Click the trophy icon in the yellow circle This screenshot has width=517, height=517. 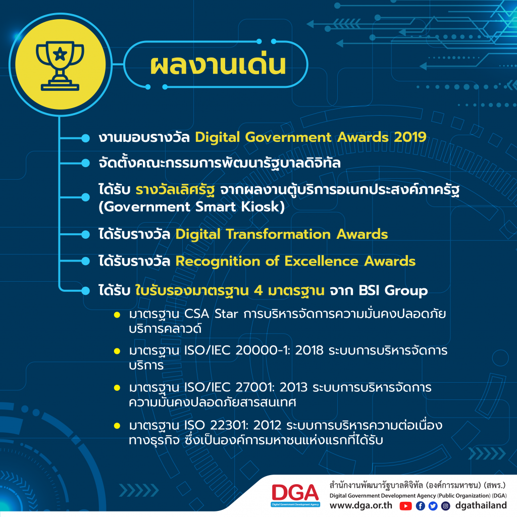click(60, 66)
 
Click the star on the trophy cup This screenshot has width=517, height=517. click(60, 54)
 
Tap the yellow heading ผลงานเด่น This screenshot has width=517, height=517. click(218, 64)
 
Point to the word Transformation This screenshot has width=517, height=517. click(278, 234)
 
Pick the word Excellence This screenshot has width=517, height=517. click(321, 261)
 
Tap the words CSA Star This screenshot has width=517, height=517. click(211, 314)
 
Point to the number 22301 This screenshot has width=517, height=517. click(228, 425)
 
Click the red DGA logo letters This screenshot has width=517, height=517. click(295, 492)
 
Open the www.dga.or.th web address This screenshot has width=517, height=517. click(361, 505)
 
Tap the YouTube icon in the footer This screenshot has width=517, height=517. click(405, 506)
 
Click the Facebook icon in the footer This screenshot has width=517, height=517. click(421, 506)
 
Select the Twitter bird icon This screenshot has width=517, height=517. click(433, 506)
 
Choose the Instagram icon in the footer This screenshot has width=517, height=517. click(445, 506)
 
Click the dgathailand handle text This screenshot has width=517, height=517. click(481, 505)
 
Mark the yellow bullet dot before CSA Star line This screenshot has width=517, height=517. click(117, 315)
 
